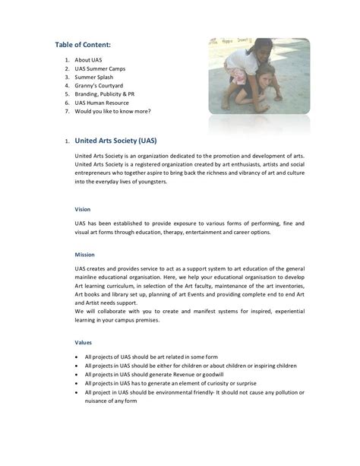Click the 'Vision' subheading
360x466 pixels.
tap(82, 208)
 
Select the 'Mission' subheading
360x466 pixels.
tap(84, 254)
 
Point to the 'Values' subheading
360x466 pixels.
tap(83, 342)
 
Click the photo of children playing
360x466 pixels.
tap(258, 76)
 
